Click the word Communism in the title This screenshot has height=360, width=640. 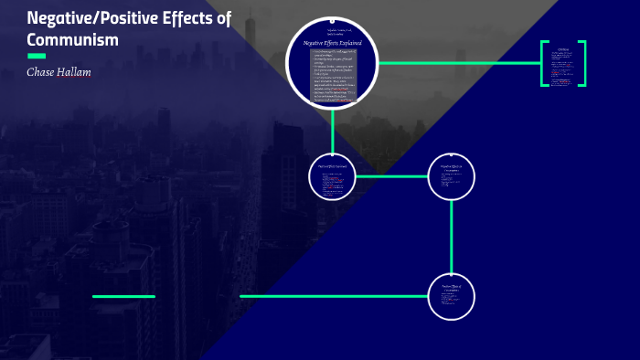73,40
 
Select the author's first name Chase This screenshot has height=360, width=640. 43,72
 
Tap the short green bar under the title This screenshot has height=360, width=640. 37,56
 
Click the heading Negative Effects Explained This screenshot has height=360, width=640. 332,42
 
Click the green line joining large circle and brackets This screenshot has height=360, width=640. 457,63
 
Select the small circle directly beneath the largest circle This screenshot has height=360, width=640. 333,176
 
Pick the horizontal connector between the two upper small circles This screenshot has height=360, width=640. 391,176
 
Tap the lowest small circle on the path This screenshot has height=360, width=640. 452,296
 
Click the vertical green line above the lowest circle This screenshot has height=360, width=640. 452,236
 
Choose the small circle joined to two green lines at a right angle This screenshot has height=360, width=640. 452,176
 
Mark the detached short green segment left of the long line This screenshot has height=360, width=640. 123,296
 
